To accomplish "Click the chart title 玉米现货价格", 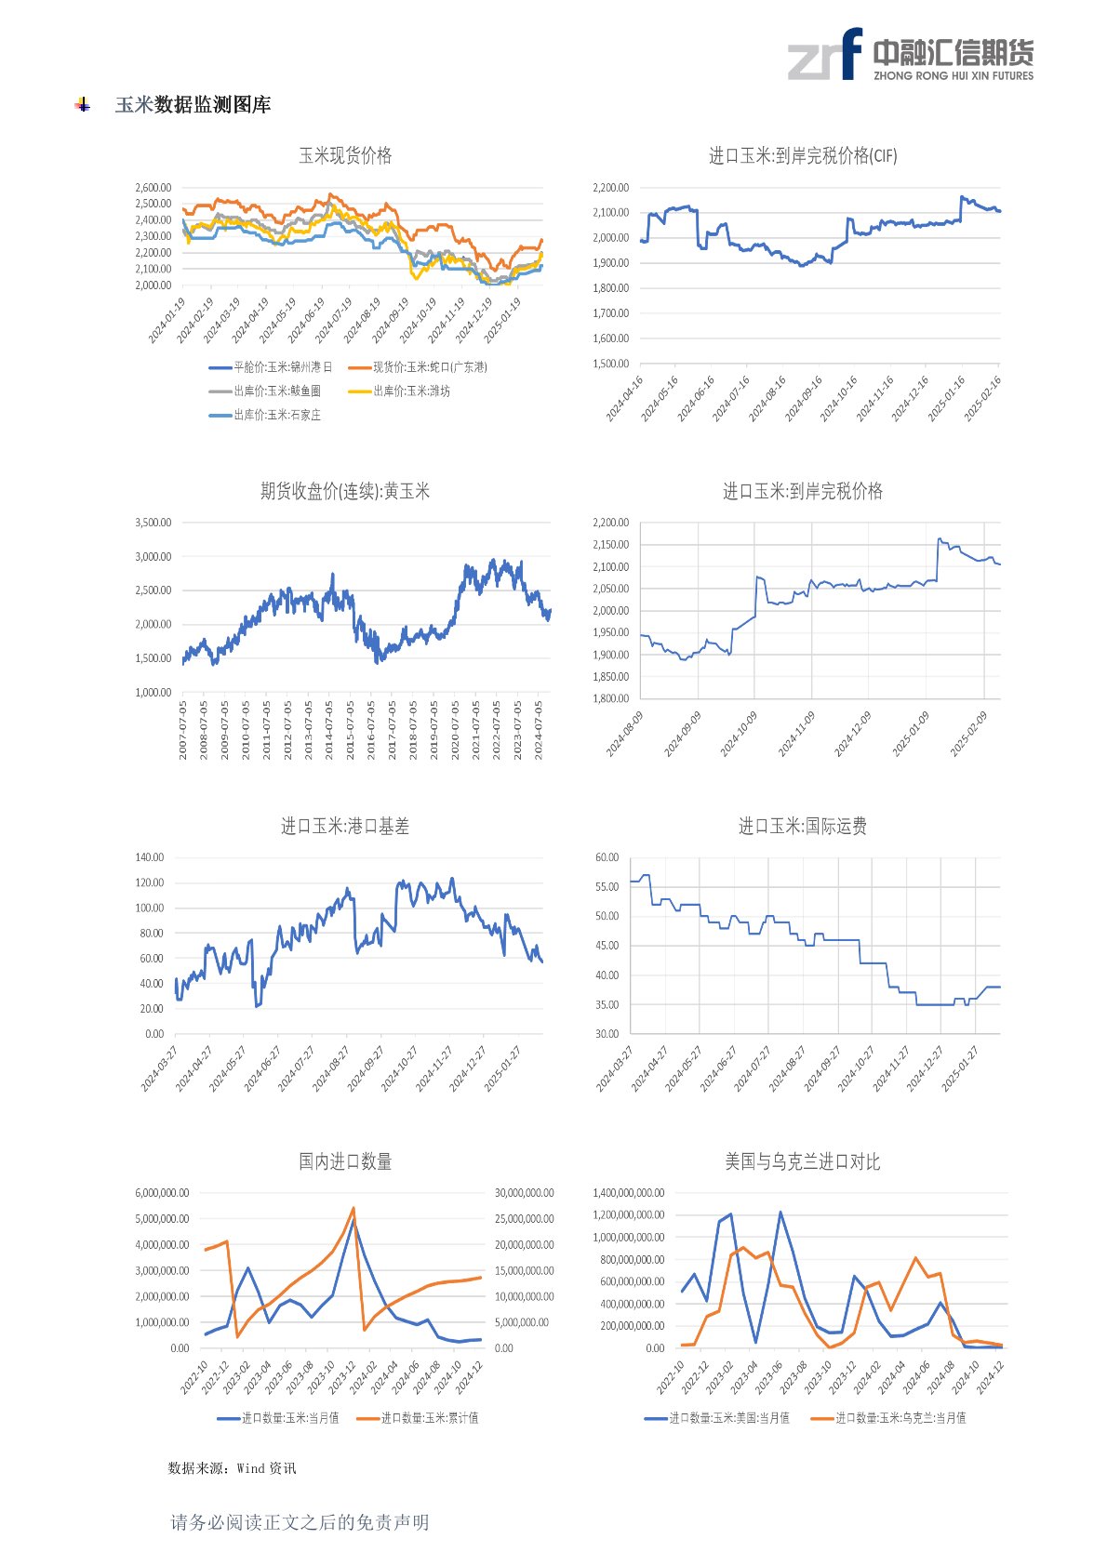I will tap(345, 156).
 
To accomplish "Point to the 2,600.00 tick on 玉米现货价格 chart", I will tap(153, 187).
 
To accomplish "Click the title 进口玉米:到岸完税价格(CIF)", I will tap(803, 156).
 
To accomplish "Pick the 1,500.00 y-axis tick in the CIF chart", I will tap(610, 364).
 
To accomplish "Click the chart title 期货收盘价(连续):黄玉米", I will tap(345, 491).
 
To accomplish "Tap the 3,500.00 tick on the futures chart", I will tap(153, 523).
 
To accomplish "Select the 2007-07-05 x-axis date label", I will tap(183, 731).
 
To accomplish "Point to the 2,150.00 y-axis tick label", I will tap(610, 545).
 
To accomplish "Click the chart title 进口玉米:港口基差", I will tap(345, 826).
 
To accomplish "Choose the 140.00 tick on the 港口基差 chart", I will tap(149, 857).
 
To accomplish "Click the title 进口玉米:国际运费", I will tap(803, 826).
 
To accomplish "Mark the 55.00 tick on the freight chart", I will tap(607, 887).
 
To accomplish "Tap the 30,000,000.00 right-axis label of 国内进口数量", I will tap(524, 1193).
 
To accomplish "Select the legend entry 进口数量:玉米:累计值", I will tap(429, 1418).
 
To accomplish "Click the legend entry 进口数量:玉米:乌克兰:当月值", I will tap(900, 1418).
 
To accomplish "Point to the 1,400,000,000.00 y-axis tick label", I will tap(628, 1193).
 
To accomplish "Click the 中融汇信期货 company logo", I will tap(910, 55).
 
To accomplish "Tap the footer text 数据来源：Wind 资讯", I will tap(232, 1468).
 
